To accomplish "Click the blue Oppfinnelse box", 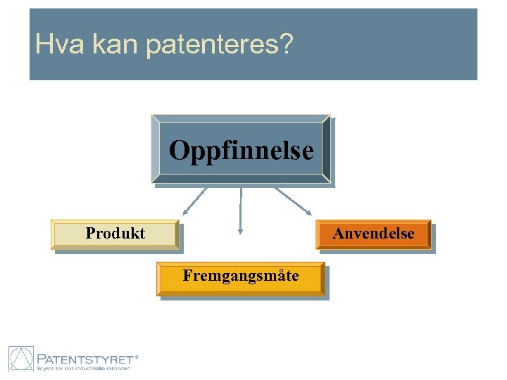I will [x=241, y=150].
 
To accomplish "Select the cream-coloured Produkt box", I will [x=115, y=234].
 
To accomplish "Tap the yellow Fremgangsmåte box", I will [x=240, y=279].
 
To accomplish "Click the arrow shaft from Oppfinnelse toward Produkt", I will [x=196, y=199].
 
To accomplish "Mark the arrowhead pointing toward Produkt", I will [x=184, y=211].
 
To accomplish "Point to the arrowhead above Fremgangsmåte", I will [x=241, y=229].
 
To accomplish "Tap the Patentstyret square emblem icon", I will [x=21, y=359].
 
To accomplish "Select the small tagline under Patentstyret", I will [x=83, y=368].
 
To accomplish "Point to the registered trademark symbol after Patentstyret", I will [x=137, y=357].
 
